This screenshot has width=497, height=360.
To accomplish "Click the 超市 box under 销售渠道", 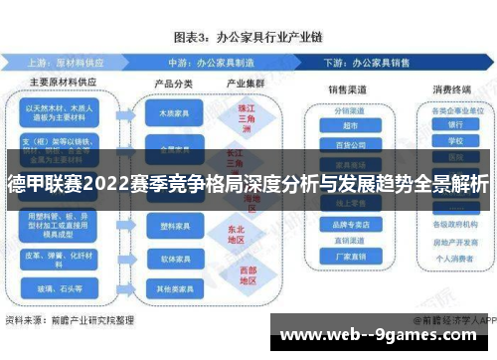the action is point(350,125).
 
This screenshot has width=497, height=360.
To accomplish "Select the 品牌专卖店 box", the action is point(350,225).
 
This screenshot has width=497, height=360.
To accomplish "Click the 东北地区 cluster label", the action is point(236,233).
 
